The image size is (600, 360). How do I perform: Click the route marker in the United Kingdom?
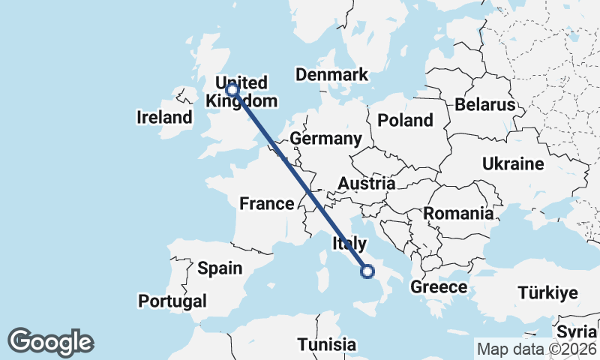pyautogui.click(x=232, y=90)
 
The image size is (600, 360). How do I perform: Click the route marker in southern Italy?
pyautogui.click(x=367, y=271)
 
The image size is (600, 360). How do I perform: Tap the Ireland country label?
pyautogui.click(x=164, y=117)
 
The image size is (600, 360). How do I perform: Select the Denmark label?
pyautogui.click(x=331, y=74)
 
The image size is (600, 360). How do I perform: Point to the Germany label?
pyautogui.click(x=325, y=139)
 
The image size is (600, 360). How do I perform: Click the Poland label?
pyautogui.click(x=405, y=120)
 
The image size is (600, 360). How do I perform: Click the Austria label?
pyautogui.click(x=366, y=184)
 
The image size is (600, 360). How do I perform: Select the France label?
pyautogui.click(x=266, y=203)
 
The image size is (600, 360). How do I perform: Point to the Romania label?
pyautogui.click(x=458, y=213)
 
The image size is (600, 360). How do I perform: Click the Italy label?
pyautogui.click(x=349, y=243)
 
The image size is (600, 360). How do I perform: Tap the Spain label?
pyautogui.click(x=220, y=268)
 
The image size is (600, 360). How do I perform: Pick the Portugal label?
pyautogui.click(x=172, y=301)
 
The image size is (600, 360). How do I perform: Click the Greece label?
pyautogui.click(x=439, y=287)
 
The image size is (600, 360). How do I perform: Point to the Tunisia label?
pyautogui.click(x=326, y=345)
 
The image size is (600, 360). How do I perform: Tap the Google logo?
pyautogui.click(x=51, y=342)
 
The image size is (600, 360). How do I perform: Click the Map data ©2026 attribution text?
pyautogui.click(x=536, y=349)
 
